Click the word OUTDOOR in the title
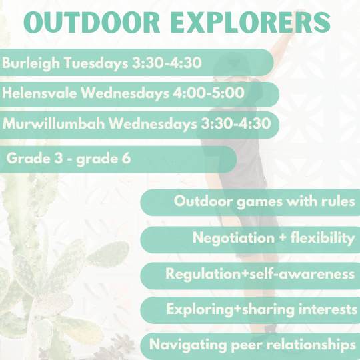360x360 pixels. tap(92, 22)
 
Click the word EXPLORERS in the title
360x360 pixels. tap(250, 22)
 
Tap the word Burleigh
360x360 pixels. tap(31, 63)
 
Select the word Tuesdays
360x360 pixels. tap(96, 63)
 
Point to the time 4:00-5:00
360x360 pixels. tap(209, 93)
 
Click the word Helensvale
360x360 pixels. tap(39, 93)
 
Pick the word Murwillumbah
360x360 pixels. tap(54, 123)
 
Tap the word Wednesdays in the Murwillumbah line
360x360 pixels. tap(153, 124)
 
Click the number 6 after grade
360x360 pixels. tap(126, 158)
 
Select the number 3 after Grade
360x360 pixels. tap(59, 158)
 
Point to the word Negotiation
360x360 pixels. tap(233, 237)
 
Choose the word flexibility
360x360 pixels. tap(323, 237)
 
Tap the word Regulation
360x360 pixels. tap(203, 274)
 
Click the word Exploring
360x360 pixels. tap(200, 309)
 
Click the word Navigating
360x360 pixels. tap(188, 345)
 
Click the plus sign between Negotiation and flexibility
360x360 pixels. tap(283, 237)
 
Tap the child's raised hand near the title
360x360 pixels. tap(299, 14)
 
